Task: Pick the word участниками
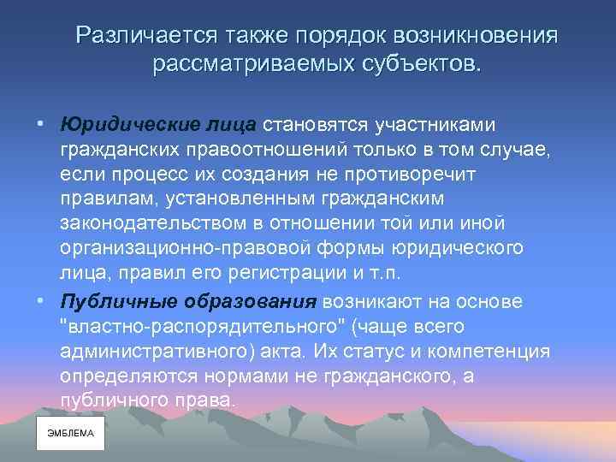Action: (430, 126)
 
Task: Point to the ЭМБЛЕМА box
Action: (70, 434)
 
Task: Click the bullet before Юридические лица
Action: (40, 126)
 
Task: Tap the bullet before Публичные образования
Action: (40, 302)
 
